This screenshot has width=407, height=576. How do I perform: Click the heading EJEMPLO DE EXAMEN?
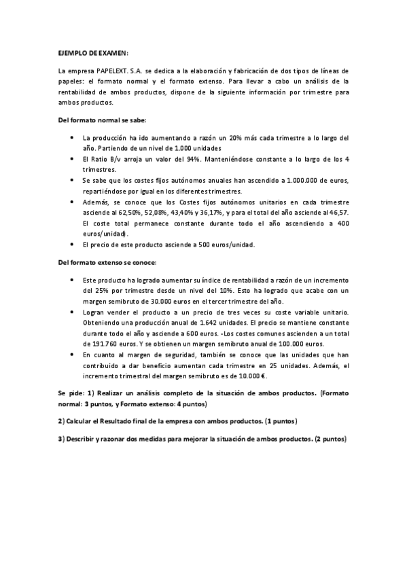pos(92,52)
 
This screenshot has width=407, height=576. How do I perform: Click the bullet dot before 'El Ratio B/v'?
pos(73,158)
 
